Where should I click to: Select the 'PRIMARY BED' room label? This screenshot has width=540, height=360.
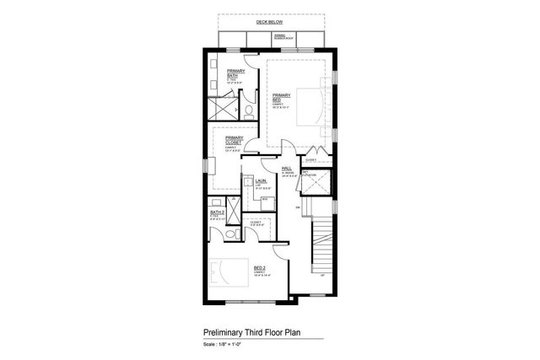[281, 98]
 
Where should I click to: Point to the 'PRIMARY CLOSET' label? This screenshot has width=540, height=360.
[234, 140]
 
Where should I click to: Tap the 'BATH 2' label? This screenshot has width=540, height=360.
[215, 212]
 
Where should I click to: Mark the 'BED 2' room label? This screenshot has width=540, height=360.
[260, 268]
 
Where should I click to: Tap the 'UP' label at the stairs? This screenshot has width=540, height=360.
[321, 276]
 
